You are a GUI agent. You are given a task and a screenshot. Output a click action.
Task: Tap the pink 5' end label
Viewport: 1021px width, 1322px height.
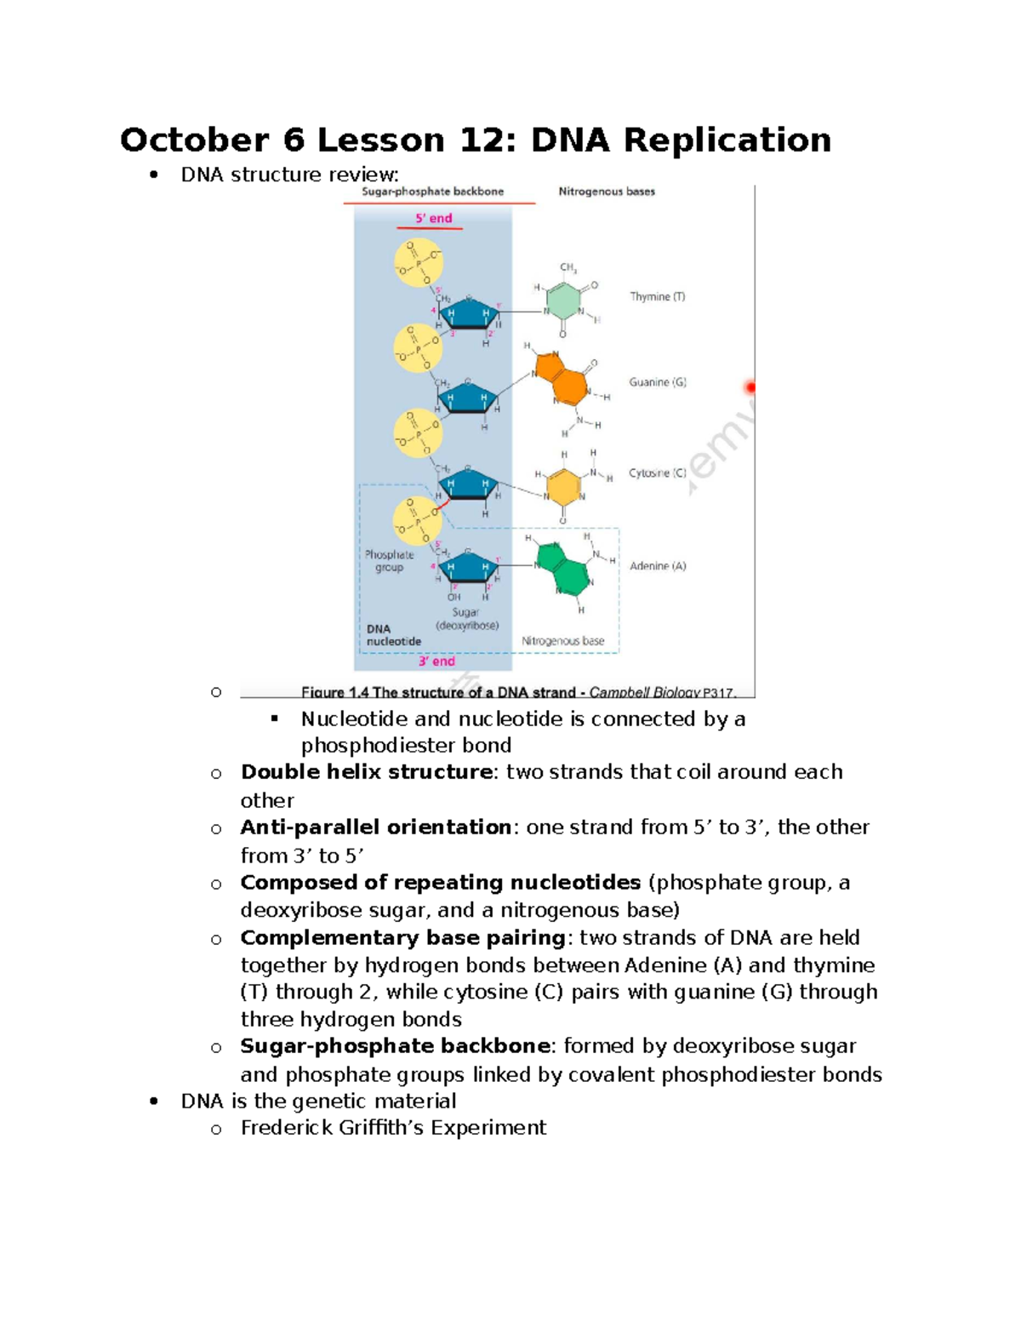433,219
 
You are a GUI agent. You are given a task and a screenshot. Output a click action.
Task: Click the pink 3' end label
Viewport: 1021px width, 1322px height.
436,661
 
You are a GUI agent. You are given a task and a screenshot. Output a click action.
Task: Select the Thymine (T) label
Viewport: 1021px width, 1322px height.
657,297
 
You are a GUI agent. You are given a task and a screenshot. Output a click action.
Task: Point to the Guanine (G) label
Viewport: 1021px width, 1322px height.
657,382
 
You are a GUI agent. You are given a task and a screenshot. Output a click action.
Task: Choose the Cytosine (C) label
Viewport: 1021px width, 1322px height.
657,473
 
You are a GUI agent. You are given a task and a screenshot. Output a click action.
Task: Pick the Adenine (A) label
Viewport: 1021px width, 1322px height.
657,566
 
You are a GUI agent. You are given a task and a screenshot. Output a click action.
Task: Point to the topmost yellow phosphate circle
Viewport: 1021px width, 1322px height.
419,261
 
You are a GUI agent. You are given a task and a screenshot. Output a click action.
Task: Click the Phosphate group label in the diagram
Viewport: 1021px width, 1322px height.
389,561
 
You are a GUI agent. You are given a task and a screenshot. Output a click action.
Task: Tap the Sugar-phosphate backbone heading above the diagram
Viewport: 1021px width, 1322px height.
432,192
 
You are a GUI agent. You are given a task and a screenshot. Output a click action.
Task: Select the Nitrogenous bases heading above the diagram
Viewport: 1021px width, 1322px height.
607,192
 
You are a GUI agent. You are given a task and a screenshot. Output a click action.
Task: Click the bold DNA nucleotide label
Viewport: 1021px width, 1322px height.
393,635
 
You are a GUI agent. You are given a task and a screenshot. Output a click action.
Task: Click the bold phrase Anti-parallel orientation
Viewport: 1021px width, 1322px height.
375,827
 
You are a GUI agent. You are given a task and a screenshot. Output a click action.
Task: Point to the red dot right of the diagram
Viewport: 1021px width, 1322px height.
750,388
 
